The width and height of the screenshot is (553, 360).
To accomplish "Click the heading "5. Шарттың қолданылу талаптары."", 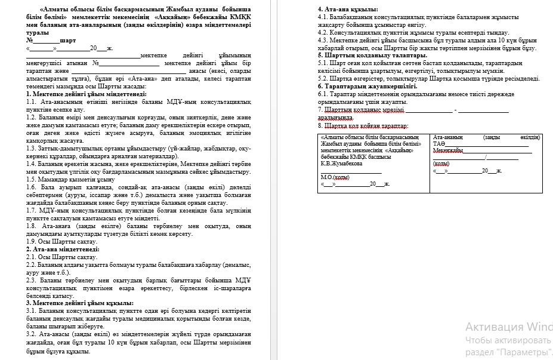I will tap(372, 55).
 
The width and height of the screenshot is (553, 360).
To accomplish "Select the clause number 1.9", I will tap(32, 241).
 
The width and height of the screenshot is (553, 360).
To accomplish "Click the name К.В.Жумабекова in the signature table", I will tap(341, 163).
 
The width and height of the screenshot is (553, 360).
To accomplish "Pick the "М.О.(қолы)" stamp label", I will tap(335, 177).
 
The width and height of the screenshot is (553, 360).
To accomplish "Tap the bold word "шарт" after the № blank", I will tap(68, 40).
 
